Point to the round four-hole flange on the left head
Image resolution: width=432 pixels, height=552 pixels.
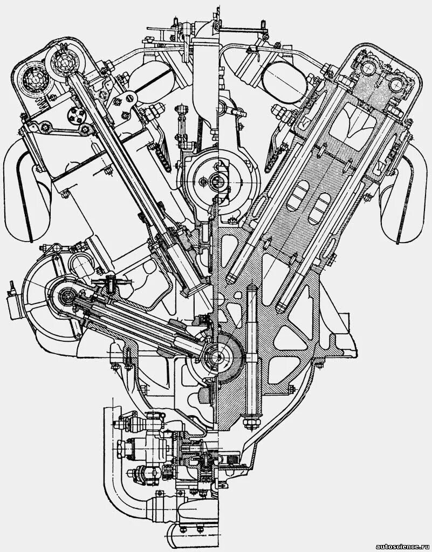(75, 115)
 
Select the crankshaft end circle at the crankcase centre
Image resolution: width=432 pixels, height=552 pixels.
(218, 355)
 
